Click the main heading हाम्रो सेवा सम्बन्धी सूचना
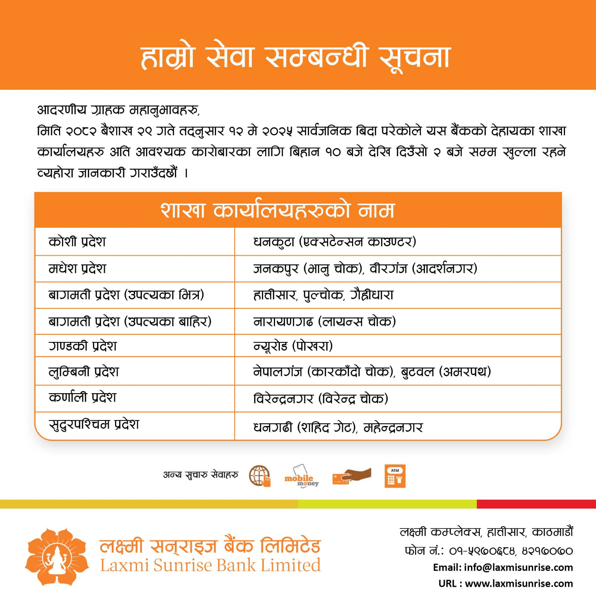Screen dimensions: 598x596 (x=296, y=58)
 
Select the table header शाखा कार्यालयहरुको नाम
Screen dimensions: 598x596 (x=277, y=210)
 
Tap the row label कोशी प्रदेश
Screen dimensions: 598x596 (x=77, y=242)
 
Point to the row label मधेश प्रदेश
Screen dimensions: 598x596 (x=77, y=269)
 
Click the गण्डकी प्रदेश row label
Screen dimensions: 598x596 (x=83, y=346)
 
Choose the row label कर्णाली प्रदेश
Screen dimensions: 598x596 (x=83, y=397)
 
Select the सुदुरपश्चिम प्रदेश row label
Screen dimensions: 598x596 (x=94, y=425)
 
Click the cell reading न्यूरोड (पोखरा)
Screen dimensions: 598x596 (x=293, y=346)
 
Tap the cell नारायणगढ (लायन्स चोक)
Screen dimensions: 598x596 (x=324, y=321)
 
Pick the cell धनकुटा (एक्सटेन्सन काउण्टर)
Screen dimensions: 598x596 (x=334, y=242)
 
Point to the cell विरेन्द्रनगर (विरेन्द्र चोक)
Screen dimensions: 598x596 (x=321, y=399)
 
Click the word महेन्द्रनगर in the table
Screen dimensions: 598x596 (x=393, y=427)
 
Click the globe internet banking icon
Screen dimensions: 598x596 (x=260, y=476)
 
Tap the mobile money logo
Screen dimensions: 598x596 (x=301, y=476)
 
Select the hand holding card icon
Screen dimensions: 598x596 (x=352, y=476)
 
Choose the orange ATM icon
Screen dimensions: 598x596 (x=395, y=476)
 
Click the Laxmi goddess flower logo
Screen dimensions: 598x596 (x=57, y=557)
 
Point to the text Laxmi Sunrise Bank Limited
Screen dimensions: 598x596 (x=210, y=565)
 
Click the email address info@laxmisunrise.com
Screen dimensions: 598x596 (x=518, y=567)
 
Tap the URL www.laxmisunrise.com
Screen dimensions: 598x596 (x=519, y=583)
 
